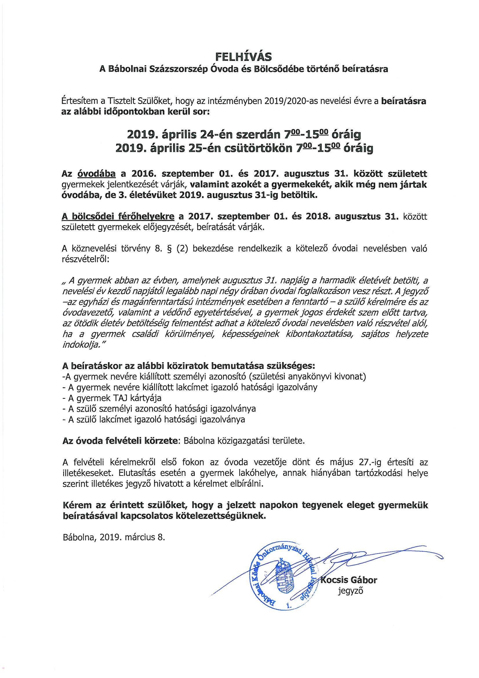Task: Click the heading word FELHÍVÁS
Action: tap(239, 56)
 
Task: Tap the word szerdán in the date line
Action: tap(258, 135)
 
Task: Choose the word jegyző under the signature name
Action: tap(349, 591)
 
